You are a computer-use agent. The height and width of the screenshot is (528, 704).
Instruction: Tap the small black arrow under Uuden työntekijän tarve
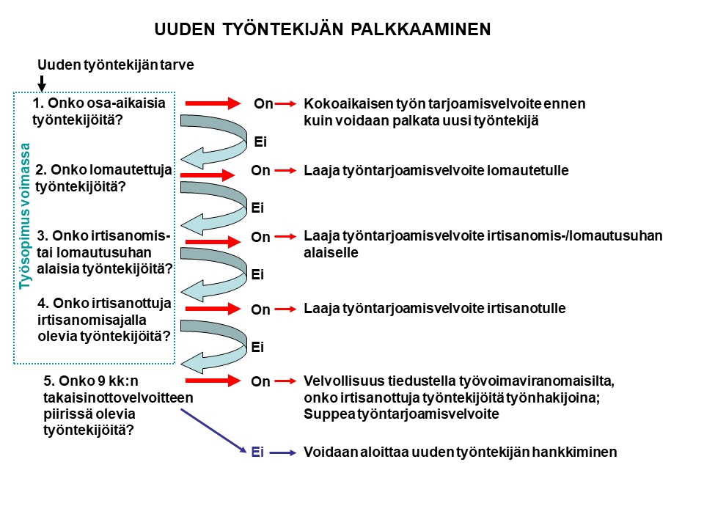coord(42,81)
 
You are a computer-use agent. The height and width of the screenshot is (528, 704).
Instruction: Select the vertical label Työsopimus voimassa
coord(26,217)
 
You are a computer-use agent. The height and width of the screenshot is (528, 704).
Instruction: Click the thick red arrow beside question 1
coord(213,103)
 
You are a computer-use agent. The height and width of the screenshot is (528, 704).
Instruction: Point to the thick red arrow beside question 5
coord(213,381)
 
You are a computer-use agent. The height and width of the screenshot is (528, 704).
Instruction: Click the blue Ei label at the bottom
coord(257,452)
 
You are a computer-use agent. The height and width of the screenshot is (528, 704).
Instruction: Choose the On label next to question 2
coord(260,171)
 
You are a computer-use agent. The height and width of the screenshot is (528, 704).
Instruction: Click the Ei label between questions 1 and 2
coord(260,140)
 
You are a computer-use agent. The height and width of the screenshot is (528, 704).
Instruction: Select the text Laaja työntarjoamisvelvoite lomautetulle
coord(436,171)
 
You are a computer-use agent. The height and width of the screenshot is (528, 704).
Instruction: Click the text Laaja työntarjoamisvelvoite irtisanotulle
coord(435,309)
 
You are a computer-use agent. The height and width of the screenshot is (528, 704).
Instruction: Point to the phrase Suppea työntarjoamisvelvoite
coord(401,414)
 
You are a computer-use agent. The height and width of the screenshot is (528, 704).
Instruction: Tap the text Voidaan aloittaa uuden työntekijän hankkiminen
coord(461,452)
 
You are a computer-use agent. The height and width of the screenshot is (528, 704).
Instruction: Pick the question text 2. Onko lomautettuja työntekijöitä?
coord(103,178)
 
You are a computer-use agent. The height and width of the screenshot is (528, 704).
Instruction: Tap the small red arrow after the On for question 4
coord(284,309)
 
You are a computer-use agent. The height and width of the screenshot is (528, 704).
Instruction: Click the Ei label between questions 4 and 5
coord(257,347)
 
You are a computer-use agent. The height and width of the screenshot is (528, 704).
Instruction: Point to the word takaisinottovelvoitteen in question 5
coord(117,397)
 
